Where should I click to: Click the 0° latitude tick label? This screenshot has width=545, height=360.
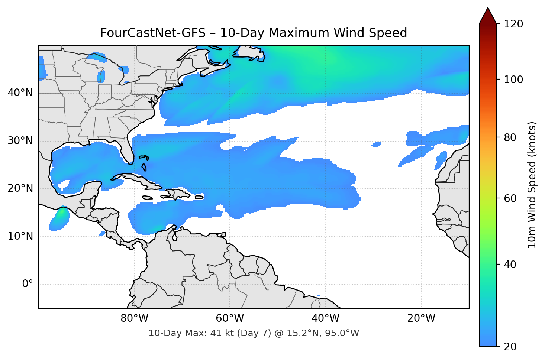tap(28, 284)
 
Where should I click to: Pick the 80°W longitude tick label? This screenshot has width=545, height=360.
tap(134, 318)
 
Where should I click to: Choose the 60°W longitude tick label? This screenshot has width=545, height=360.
tap(230, 318)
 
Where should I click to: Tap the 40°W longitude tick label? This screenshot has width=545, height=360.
tap(325, 318)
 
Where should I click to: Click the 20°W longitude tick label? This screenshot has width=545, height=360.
tap(421, 318)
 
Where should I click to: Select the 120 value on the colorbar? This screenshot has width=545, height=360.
tap(513, 24)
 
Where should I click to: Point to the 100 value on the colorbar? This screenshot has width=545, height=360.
tap(513, 80)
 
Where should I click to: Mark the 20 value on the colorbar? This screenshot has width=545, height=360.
tap(510, 347)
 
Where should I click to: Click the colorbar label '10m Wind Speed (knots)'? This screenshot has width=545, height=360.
tap(532, 185)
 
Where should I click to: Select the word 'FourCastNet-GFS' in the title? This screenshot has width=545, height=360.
tap(153, 33)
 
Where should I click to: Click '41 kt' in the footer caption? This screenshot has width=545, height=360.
tap(220, 333)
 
